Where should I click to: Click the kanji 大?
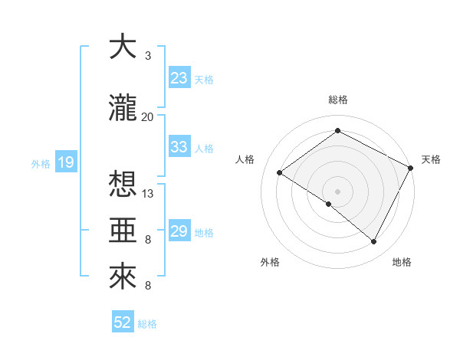pyautogui.click(x=122, y=47)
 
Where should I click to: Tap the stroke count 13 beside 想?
pyautogui.click(x=148, y=194)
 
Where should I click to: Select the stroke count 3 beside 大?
pyautogui.click(x=147, y=56)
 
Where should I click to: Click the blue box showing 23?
pyautogui.click(x=179, y=77)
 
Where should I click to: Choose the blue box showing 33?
pyautogui.click(x=179, y=146)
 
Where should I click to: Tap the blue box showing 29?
pyautogui.click(x=179, y=231)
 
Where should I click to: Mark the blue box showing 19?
pyautogui.click(x=65, y=162)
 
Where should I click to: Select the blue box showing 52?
pyautogui.click(x=123, y=322)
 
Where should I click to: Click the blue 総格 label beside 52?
pyautogui.click(x=147, y=324)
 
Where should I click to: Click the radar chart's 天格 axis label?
pyautogui.click(x=431, y=159)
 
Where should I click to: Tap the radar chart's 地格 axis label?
pyautogui.click(x=402, y=262)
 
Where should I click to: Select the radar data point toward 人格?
pyautogui.click(x=280, y=173)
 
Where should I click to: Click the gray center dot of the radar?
pyautogui.click(x=337, y=190)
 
